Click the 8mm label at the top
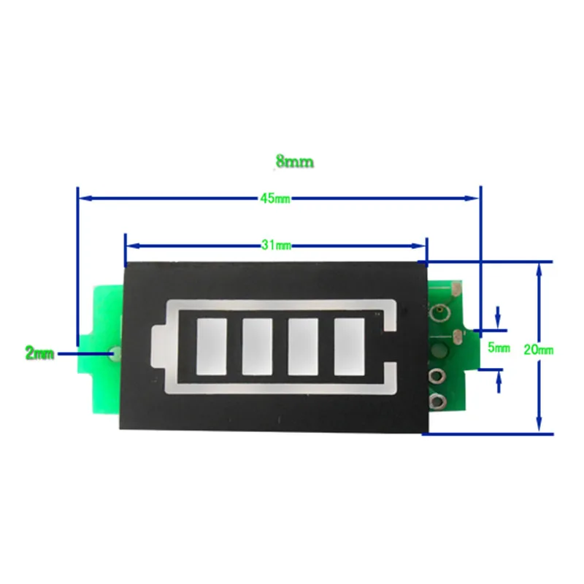click(x=294, y=162)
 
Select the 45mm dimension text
click(x=275, y=198)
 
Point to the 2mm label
click(x=39, y=354)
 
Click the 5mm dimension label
click(x=499, y=347)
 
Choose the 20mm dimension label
click(x=539, y=350)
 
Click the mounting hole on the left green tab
click(x=115, y=354)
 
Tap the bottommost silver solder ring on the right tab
click(x=439, y=400)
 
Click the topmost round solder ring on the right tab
click(x=441, y=315)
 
